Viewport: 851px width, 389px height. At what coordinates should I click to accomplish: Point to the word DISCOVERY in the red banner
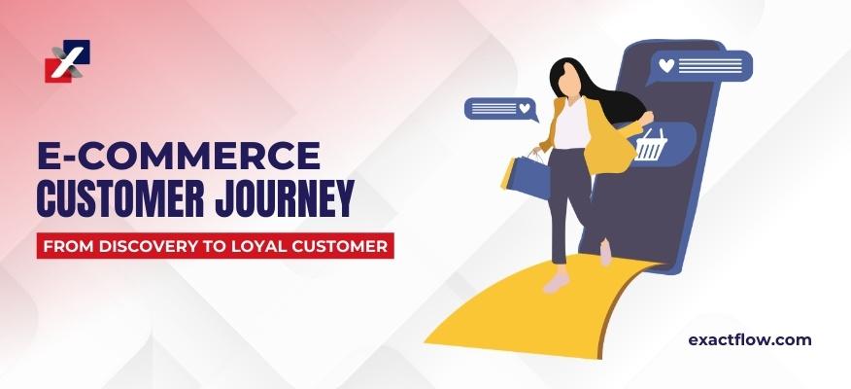point(137,246)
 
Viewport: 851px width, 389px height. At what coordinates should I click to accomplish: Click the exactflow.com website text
point(749,340)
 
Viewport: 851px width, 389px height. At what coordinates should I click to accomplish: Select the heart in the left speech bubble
point(525,109)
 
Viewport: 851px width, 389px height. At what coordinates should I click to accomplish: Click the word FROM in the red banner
point(67,246)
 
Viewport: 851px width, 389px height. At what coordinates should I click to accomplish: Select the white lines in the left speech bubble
point(494,109)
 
